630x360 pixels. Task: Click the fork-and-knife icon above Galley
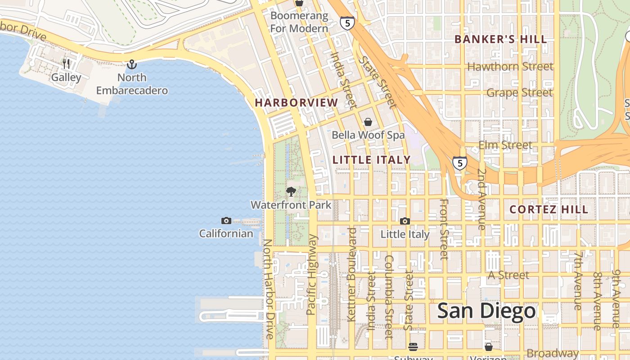[66, 63]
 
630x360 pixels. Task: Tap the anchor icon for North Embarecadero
[131, 64]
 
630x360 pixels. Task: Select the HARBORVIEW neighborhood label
[296, 103]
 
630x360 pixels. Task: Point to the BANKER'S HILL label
[500, 39]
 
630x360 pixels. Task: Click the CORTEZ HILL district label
[549, 209]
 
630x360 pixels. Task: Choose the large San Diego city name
[487, 311]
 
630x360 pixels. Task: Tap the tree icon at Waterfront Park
[291, 192]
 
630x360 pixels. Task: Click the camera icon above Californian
[226, 220]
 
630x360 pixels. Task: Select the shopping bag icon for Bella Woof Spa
[368, 122]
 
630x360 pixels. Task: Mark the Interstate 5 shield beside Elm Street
[459, 163]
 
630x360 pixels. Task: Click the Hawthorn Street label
[510, 67]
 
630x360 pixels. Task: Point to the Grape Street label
[519, 93]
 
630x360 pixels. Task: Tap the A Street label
[508, 275]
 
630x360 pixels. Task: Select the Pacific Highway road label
[312, 274]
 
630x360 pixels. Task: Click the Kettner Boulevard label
[352, 274]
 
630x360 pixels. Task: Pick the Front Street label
[444, 229]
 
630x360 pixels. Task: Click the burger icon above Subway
[413, 346]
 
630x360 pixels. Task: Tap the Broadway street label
[551, 353]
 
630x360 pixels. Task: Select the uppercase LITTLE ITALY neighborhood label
[371, 160]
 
